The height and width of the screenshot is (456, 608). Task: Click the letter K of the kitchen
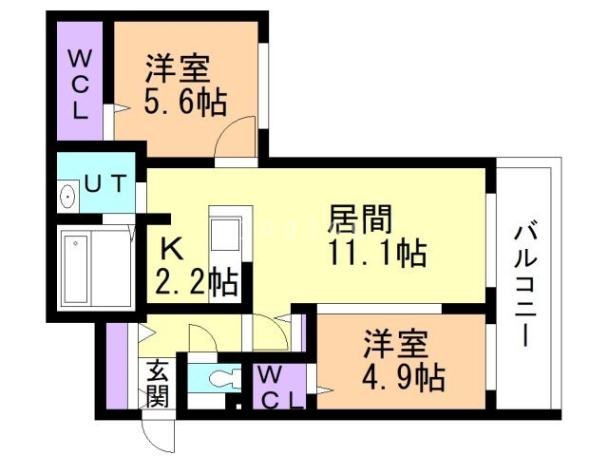point(172,249)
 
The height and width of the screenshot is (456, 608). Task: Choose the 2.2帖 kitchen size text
point(196,282)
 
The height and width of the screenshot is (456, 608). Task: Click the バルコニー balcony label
point(524,284)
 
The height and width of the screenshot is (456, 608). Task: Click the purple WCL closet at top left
point(78,84)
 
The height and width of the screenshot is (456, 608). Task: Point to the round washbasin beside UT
point(67,198)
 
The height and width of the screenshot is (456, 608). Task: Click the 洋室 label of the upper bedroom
point(179,69)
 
